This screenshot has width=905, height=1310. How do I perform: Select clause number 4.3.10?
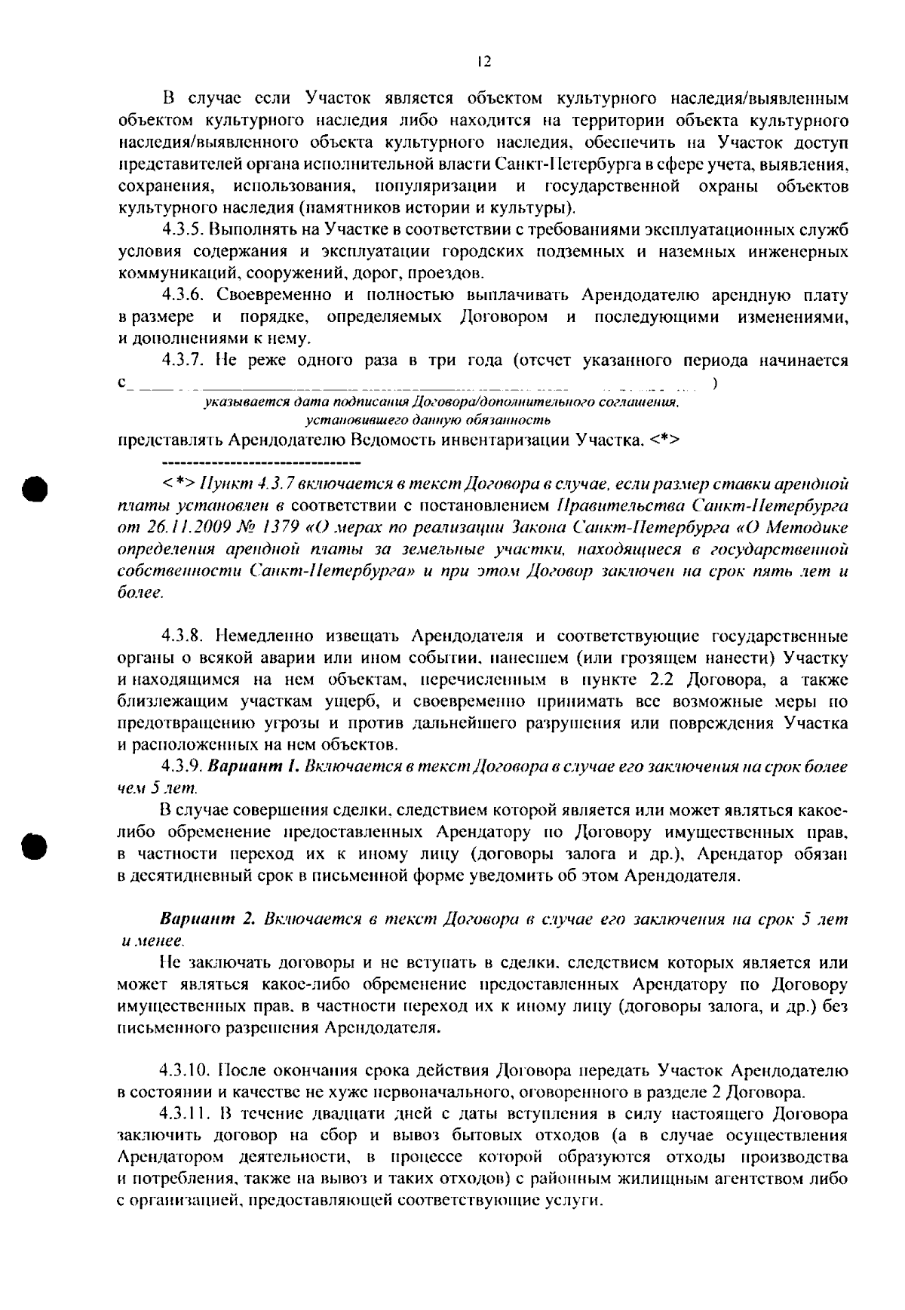pos(186,1071)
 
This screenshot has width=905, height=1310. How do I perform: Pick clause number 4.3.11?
pos(185,1115)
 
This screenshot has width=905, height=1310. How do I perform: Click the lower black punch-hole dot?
pos(35,845)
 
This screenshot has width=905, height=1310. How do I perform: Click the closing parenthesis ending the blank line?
pos(714,384)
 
